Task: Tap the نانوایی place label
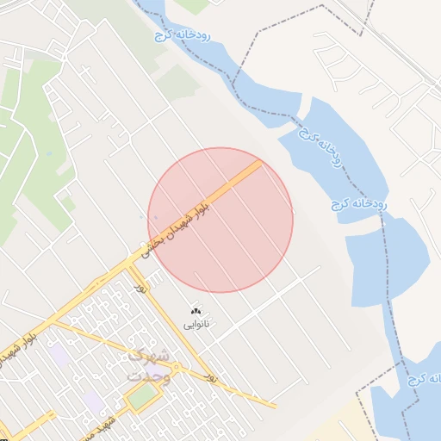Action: (x=196, y=325)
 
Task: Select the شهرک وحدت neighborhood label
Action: (x=146, y=366)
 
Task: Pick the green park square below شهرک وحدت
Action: (x=143, y=395)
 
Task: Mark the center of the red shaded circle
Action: (x=220, y=220)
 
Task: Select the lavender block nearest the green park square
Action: (x=92, y=400)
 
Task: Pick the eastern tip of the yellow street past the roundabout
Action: (x=275, y=405)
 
